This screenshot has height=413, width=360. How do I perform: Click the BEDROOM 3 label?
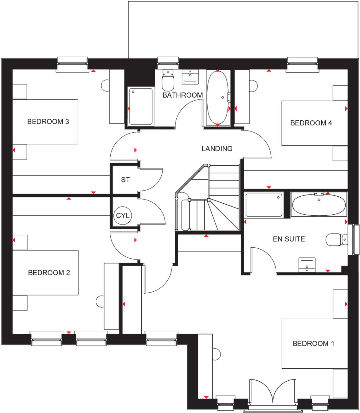pyautogui.click(x=48, y=122)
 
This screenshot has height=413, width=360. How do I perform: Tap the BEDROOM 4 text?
pyautogui.click(x=311, y=123)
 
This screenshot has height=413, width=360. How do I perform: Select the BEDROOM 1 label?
pyautogui.click(x=313, y=344)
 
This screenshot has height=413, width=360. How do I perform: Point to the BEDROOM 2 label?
pyautogui.click(x=49, y=273)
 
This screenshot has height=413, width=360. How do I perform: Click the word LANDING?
pyautogui.click(x=217, y=149)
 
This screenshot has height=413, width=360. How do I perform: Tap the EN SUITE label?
pyautogui.click(x=289, y=239)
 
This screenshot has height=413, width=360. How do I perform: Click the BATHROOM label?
pyautogui.click(x=183, y=95)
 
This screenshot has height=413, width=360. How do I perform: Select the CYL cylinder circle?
pyautogui.click(x=123, y=216)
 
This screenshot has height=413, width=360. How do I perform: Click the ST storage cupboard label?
pyautogui.click(x=125, y=180)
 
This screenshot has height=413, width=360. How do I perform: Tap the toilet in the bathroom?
pyautogui.click(x=168, y=80)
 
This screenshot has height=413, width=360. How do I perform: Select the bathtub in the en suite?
pyautogui.click(x=319, y=205)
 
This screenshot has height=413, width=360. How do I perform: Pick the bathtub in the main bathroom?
pyautogui.click(x=217, y=98)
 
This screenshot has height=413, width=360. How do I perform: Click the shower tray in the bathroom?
pyautogui.click(x=141, y=106)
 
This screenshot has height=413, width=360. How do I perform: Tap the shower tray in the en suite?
pyautogui.click(x=264, y=205)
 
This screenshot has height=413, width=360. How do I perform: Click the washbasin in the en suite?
pyautogui.click(x=307, y=265)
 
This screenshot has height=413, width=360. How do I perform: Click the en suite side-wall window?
pyautogui.click(x=353, y=240)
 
